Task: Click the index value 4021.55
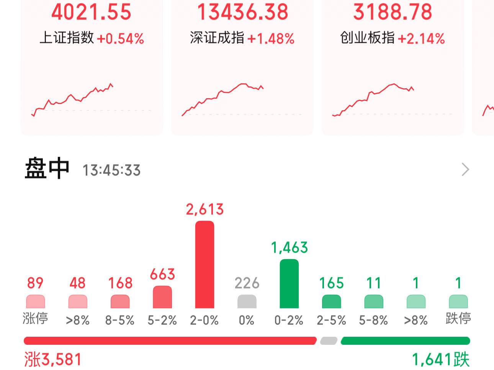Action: [x=91, y=11]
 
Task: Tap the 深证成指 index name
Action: [x=217, y=38]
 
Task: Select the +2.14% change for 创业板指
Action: [x=421, y=39]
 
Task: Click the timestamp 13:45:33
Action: [x=111, y=170]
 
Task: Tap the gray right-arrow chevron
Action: [x=465, y=169]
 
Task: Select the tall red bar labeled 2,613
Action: [x=204, y=265]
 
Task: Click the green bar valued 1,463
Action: [x=289, y=284]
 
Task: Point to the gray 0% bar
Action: [x=247, y=302]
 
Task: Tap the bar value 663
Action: [x=162, y=274]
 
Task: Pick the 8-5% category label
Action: [x=120, y=320]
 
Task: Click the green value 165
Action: [x=331, y=283]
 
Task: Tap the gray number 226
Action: [x=247, y=283]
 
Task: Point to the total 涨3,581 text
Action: [x=53, y=360]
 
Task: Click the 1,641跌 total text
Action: [x=440, y=360]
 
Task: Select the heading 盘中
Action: [x=47, y=169]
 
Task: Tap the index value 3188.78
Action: [x=393, y=11]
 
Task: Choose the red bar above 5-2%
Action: [x=162, y=297]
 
